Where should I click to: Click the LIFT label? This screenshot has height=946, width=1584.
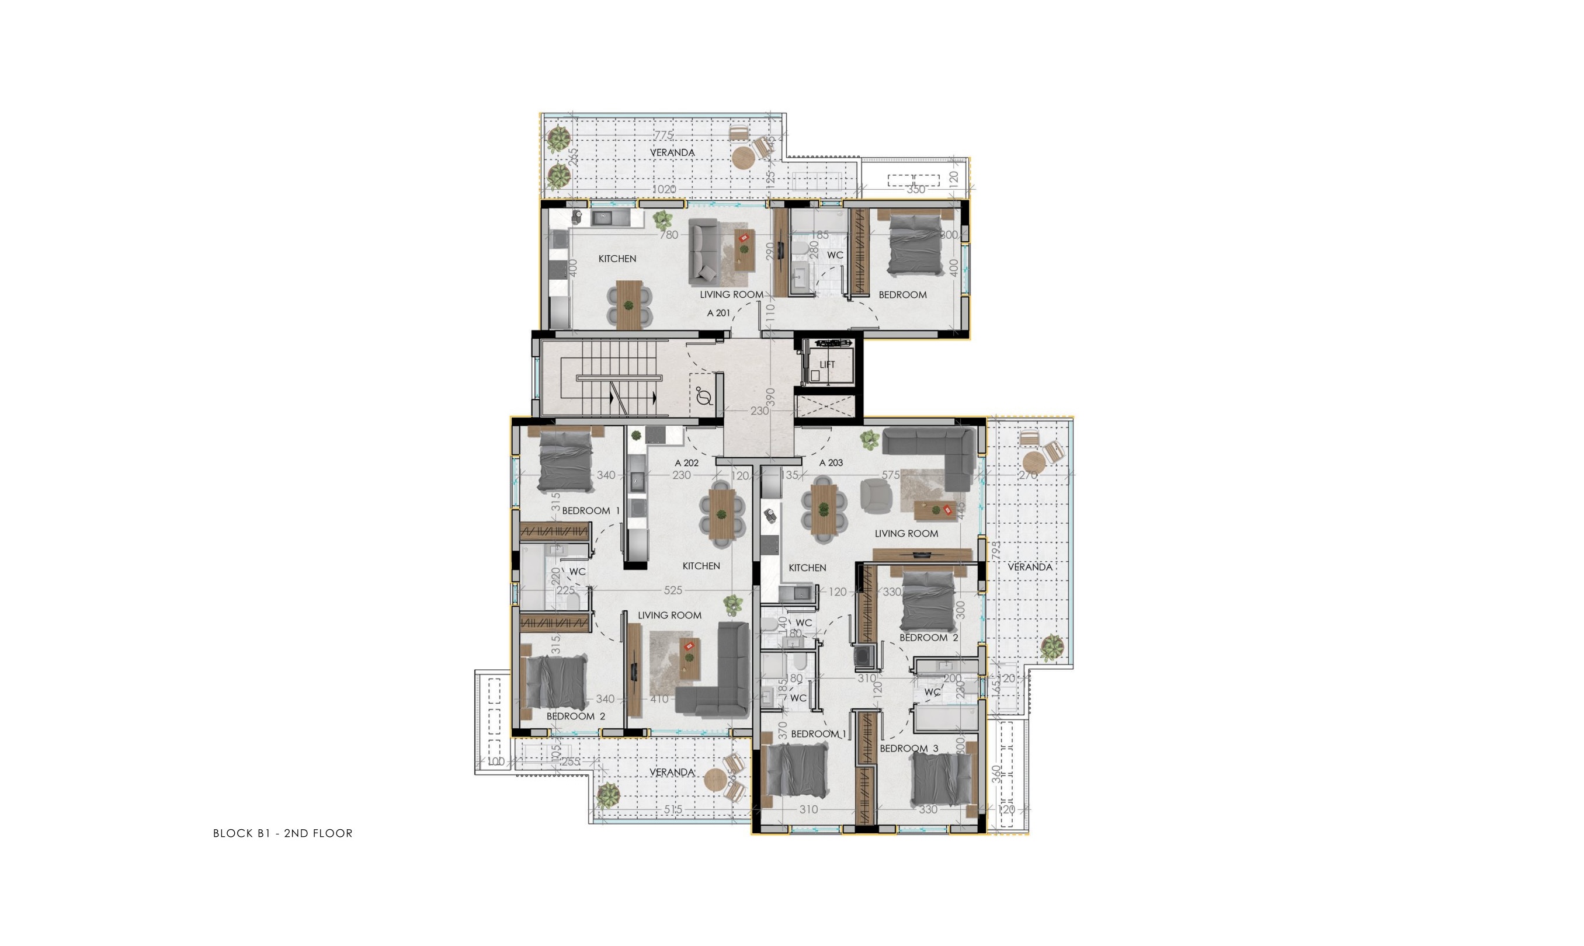click(826, 364)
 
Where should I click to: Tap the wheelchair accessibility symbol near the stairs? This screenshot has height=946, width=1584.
click(704, 397)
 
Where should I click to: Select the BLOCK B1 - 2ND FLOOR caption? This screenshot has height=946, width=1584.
click(282, 833)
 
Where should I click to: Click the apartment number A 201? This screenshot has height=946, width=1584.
click(718, 313)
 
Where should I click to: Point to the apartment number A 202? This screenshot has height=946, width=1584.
click(686, 463)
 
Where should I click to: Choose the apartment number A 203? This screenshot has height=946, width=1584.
click(831, 463)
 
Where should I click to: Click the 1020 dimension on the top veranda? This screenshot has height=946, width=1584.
click(664, 189)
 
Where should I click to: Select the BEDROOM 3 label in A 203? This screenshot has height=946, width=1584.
click(908, 749)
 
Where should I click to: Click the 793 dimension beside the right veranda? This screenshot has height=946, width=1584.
click(996, 550)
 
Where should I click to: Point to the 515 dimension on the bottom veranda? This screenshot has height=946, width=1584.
click(672, 809)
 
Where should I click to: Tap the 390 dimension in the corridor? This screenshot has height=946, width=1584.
click(770, 397)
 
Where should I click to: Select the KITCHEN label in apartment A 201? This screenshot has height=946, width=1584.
click(616, 259)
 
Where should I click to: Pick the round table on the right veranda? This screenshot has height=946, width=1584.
click(1033, 461)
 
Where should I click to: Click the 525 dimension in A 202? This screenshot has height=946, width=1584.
click(672, 591)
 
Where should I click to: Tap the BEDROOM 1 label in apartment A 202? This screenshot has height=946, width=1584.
click(590, 510)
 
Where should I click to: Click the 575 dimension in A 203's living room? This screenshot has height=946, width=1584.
click(891, 475)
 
